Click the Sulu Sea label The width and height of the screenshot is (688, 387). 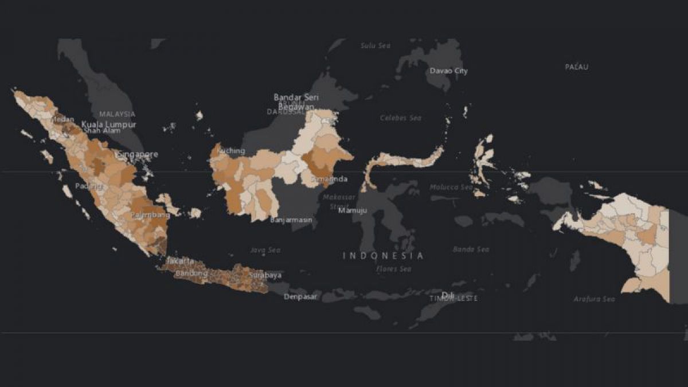coord(376,45)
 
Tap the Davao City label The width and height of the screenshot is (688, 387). coord(449,71)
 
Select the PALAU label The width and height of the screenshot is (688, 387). coord(577,67)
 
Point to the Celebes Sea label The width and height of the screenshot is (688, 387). coord(401,118)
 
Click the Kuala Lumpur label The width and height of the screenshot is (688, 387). coord(109,124)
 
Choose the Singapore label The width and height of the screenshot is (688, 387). coord(138,154)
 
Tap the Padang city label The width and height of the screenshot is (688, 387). coord(88,187)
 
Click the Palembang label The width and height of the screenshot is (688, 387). coord(150,215)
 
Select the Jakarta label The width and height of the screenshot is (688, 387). coord(179,261)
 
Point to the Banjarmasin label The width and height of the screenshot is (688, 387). coord(291,220)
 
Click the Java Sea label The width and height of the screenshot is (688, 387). coord(265,250)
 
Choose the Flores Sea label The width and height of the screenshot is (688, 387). coord(394,269)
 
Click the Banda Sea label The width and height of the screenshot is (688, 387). coord(471,249)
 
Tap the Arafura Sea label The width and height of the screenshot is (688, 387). coord(594,299)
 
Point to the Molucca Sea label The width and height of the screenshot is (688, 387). coord(451,187)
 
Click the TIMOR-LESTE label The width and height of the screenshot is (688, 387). coord(454,299)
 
